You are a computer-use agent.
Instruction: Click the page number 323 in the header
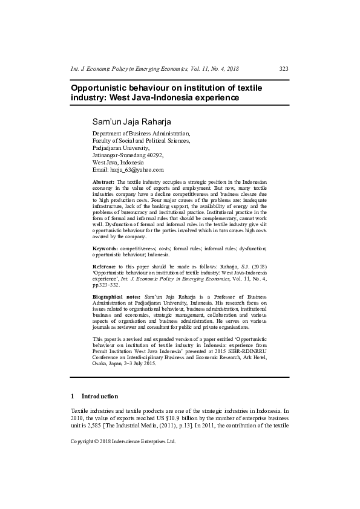pos(283,69)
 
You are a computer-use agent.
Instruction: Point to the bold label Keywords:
pos(105,248)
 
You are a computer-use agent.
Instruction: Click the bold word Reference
pos(105,266)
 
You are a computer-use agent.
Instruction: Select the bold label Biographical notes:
pos(117,297)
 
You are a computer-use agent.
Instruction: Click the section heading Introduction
pos(100,396)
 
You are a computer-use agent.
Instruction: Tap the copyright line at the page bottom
pos(123,441)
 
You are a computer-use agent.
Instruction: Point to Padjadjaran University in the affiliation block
pos(120,148)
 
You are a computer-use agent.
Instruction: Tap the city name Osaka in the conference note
pos(100,363)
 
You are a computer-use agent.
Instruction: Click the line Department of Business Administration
pos(141,133)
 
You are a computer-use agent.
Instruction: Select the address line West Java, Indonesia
pos(118,162)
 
